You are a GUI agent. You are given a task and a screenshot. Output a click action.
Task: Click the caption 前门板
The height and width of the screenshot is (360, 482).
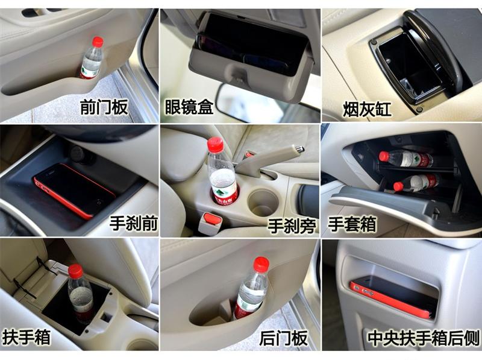pyautogui.click(x=104, y=108)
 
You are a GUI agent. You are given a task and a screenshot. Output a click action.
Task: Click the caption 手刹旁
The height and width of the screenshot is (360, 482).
pyautogui.click(x=292, y=225)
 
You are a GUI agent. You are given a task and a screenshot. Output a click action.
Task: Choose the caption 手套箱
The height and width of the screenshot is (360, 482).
pyautogui.click(x=352, y=224)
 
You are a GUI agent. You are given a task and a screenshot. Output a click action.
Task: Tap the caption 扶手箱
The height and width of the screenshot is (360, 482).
pyautogui.click(x=27, y=336)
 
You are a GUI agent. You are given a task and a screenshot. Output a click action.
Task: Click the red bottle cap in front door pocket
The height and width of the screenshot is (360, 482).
pyautogui.click(x=97, y=42)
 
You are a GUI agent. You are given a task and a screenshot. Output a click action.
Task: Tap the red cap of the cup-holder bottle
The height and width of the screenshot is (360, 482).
pyautogui.click(x=215, y=144)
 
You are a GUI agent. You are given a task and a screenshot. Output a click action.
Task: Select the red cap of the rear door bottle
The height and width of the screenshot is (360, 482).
pyautogui.click(x=261, y=264)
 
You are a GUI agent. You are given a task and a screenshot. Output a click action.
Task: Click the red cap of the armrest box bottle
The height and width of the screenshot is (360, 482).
pyautogui.click(x=75, y=271)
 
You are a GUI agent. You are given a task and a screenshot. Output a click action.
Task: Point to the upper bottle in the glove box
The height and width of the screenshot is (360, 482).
pyautogui.click(x=407, y=159)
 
